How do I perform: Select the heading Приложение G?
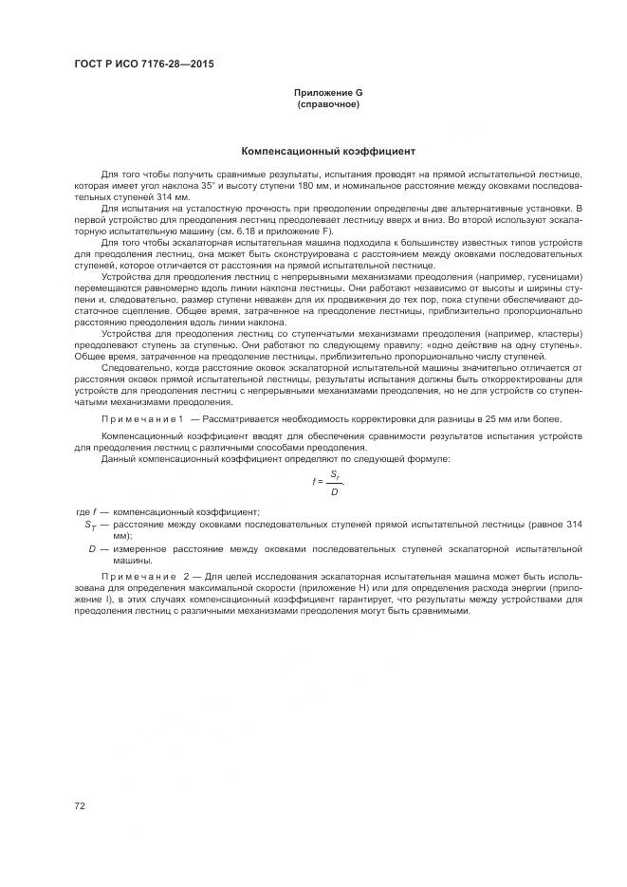coord(327,92)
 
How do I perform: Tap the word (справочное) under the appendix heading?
coord(327,103)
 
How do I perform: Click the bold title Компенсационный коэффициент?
coord(327,151)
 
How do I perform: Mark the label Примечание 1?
coord(143,418)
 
